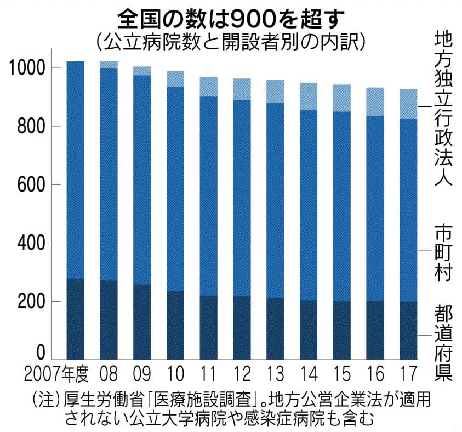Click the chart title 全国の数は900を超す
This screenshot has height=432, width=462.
pos(230,18)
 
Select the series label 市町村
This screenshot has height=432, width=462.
pos(443,251)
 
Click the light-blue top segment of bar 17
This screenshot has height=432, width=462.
pos(408,104)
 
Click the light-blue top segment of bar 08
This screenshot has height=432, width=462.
pos(109,65)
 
